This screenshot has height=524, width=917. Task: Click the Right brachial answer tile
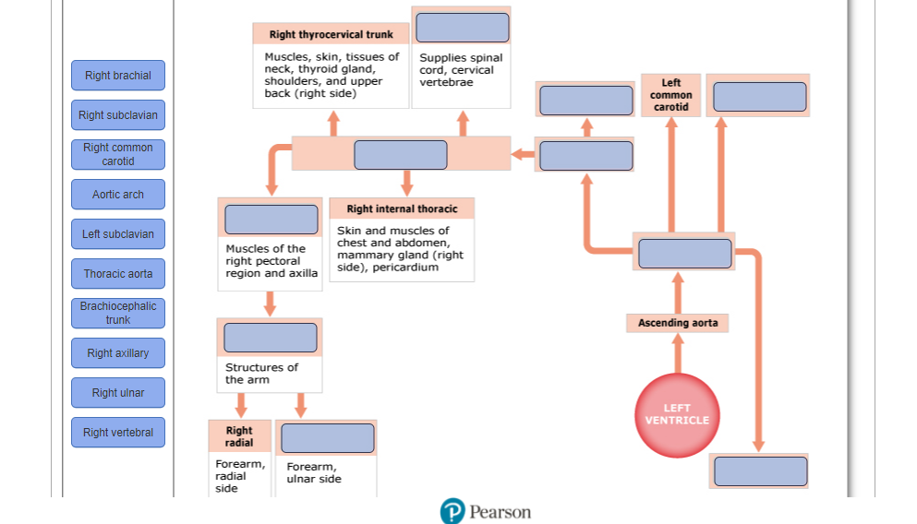click(x=118, y=76)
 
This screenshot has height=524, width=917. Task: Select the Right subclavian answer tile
click(x=118, y=115)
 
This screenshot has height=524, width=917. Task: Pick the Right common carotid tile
click(x=118, y=155)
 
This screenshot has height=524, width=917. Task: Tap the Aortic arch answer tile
click(x=118, y=195)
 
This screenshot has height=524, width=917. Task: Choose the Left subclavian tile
click(x=118, y=234)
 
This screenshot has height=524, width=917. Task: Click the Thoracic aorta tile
click(x=118, y=274)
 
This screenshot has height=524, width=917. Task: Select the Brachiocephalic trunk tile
click(x=118, y=313)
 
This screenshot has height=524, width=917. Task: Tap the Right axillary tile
click(x=118, y=352)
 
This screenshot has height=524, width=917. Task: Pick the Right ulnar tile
click(x=118, y=393)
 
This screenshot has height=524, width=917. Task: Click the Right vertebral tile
click(x=118, y=433)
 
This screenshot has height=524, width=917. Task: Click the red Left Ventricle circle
click(x=677, y=415)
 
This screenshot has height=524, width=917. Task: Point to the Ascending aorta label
click(x=678, y=323)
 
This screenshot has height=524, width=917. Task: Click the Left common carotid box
click(x=670, y=95)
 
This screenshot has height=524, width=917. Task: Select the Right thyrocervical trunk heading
click(x=331, y=34)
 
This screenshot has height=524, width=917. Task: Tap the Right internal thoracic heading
click(x=402, y=208)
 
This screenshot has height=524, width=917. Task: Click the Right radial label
click(x=239, y=435)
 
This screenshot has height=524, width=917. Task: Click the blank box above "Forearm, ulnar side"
click(x=328, y=438)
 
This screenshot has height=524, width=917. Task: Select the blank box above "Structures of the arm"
click(x=271, y=338)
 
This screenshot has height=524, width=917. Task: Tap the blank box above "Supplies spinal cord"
click(x=462, y=28)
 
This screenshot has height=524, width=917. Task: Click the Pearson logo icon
click(x=452, y=511)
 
